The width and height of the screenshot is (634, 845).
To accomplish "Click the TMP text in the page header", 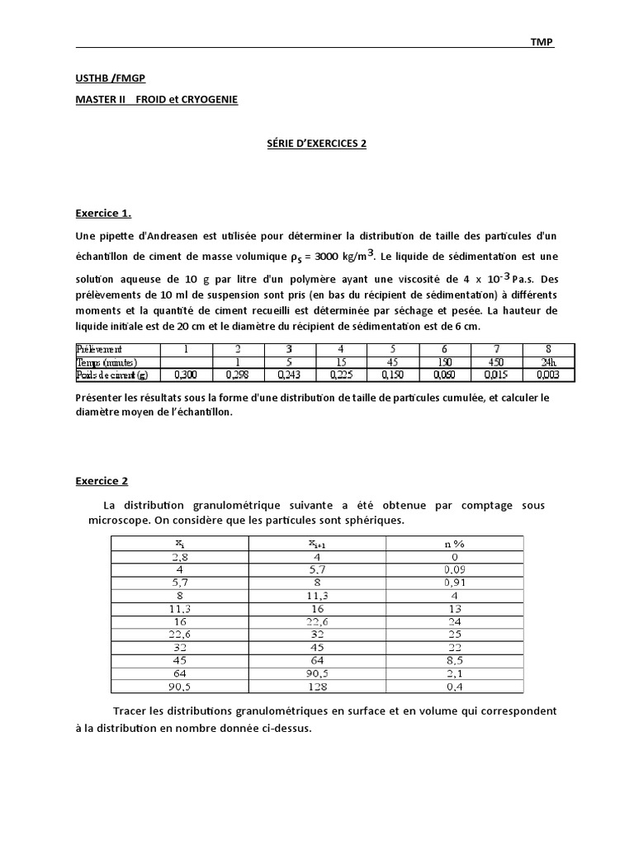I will (542, 42).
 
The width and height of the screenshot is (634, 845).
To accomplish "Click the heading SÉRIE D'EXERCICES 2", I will (316, 143).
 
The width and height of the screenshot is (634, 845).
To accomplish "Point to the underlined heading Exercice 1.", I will (103, 213).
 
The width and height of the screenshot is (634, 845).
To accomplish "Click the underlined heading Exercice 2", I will (102, 480).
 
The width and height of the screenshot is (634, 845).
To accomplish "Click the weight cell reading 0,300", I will (185, 375).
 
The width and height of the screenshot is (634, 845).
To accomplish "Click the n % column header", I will (453, 543).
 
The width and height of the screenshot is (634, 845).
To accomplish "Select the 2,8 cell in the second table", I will (179, 556).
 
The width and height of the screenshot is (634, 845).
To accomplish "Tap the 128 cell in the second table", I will (317, 687).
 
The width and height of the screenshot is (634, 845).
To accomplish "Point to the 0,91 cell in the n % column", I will (453, 582).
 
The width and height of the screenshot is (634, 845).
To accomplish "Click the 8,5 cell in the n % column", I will (453, 660).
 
